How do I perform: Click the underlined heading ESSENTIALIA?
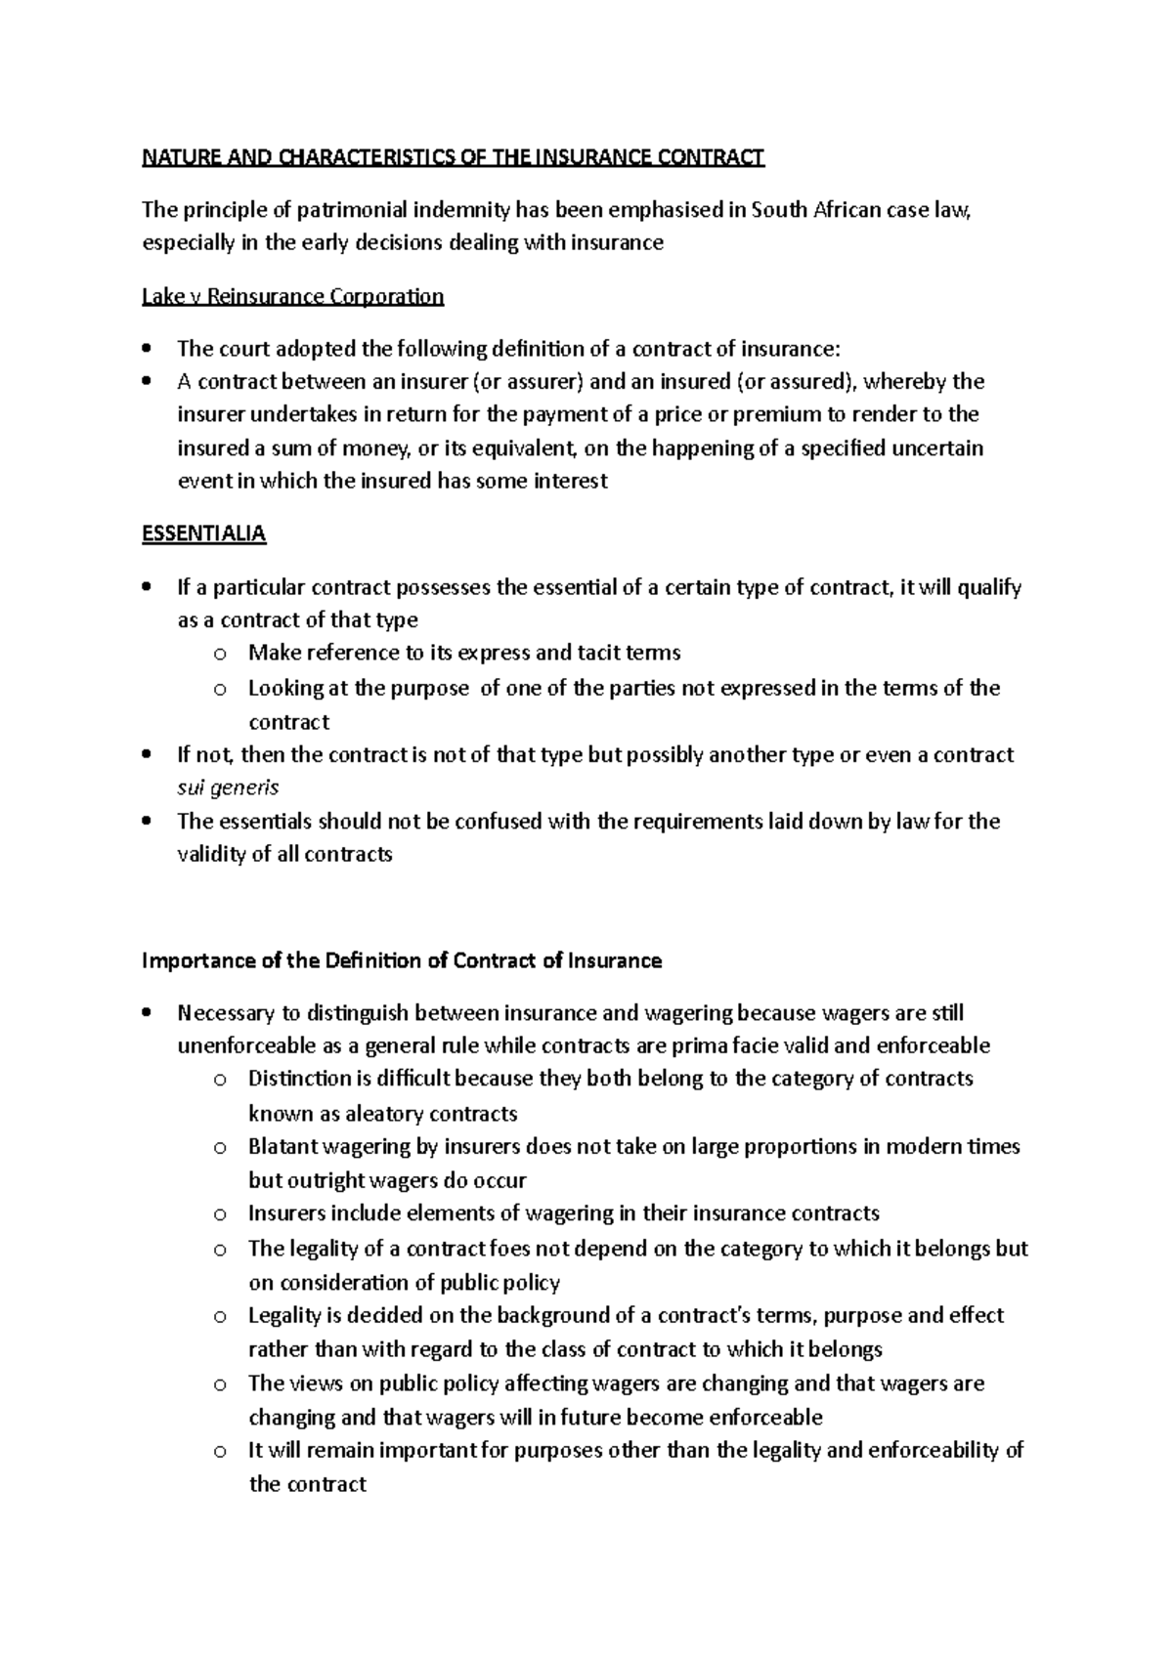(203, 533)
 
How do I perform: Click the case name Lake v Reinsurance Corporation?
(292, 296)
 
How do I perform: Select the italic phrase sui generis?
(227, 787)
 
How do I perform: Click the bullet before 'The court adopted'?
(147, 349)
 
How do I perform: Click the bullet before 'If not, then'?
(147, 755)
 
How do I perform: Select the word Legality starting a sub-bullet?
(283, 1315)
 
